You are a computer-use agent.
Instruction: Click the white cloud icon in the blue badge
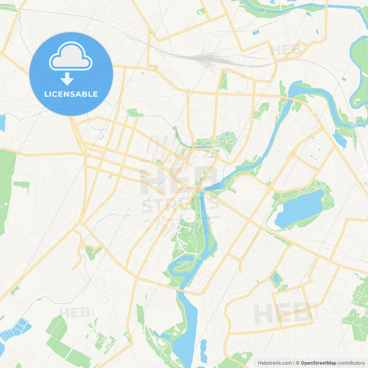click(71, 57)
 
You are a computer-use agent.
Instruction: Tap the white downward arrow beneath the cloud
click(67, 79)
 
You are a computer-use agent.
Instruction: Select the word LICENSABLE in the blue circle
click(71, 94)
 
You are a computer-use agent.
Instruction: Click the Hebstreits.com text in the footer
click(275, 363)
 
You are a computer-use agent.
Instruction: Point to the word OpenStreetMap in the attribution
click(319, 363)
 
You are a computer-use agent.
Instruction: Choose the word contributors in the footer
click(351, 363)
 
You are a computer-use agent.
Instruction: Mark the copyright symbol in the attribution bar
click(298, 363)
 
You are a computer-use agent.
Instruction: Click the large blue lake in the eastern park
click(299, 208)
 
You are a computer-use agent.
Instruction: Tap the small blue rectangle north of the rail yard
click(256, 33)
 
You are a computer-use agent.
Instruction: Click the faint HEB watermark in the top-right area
click(286, 50)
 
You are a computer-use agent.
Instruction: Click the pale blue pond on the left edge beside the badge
click(2, 122)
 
